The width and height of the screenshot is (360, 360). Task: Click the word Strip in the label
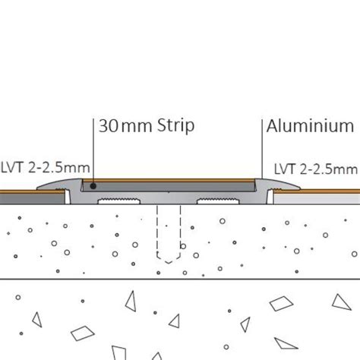click(x=175, y=126)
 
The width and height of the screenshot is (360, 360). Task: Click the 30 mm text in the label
click(x=125, y=126)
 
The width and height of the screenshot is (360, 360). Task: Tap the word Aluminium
click(x=310, y=126)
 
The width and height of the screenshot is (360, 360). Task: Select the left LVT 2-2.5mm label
click(x=46, y=168)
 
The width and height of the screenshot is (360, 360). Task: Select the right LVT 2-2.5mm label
click(x=316, y=169)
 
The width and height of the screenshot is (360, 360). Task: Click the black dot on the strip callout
click(x=93, y=186)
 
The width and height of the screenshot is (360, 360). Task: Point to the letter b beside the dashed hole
click(x=183, y=245)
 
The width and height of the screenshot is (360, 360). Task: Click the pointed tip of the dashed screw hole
click(x=169, y=264)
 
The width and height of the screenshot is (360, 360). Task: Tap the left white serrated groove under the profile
click(x=119, y=201)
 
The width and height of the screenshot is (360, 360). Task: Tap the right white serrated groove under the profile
click(x=218, y=201)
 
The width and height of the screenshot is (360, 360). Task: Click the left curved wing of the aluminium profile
click(x=58, y=185)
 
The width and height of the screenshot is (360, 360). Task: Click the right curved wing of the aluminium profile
click(x=278, y=184)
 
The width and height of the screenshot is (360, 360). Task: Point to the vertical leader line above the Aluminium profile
click(x=262, y=149)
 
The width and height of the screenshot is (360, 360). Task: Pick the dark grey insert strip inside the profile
click(x=168, y=187)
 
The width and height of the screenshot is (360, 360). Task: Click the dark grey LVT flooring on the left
click(x=33, y=199)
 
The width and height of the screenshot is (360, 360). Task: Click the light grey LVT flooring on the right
click(x=317, y=199)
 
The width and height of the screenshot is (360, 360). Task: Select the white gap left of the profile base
click(x=68, y=197)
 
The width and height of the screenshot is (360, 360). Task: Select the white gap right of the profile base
click(x=270, y=197)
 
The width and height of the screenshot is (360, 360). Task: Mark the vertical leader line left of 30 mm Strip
click(x=93, y=151)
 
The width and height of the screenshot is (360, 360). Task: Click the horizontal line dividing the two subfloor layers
click(x=180, y=279)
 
